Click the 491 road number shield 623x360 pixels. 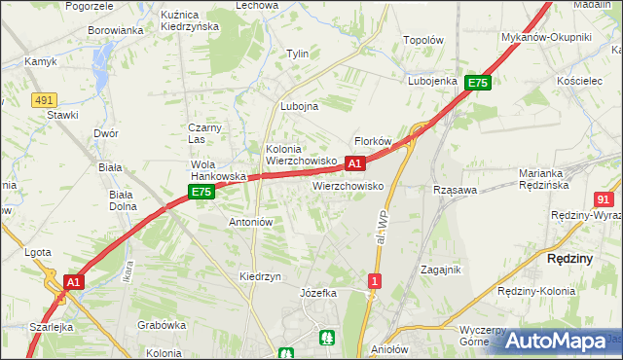tap(43, 99)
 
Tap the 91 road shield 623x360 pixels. tap(603, 198)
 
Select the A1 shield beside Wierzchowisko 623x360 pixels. tap(355, 163)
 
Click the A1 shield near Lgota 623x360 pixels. tap(72, 281)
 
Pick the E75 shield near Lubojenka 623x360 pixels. tap(477, 84)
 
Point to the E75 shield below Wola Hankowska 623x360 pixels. tap(202, 193)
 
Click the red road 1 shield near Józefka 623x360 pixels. tap(375, 281)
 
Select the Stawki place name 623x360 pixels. tap(62, 115)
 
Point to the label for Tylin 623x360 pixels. tap(296, 54)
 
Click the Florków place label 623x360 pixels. tap(372, 141)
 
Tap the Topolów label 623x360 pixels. tap(423, 41)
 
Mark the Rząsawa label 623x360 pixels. tap(455, 190)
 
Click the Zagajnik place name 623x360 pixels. tap(440, 270)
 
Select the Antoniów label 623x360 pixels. tap(250, 222)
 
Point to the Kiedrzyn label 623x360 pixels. tap(260, 276)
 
